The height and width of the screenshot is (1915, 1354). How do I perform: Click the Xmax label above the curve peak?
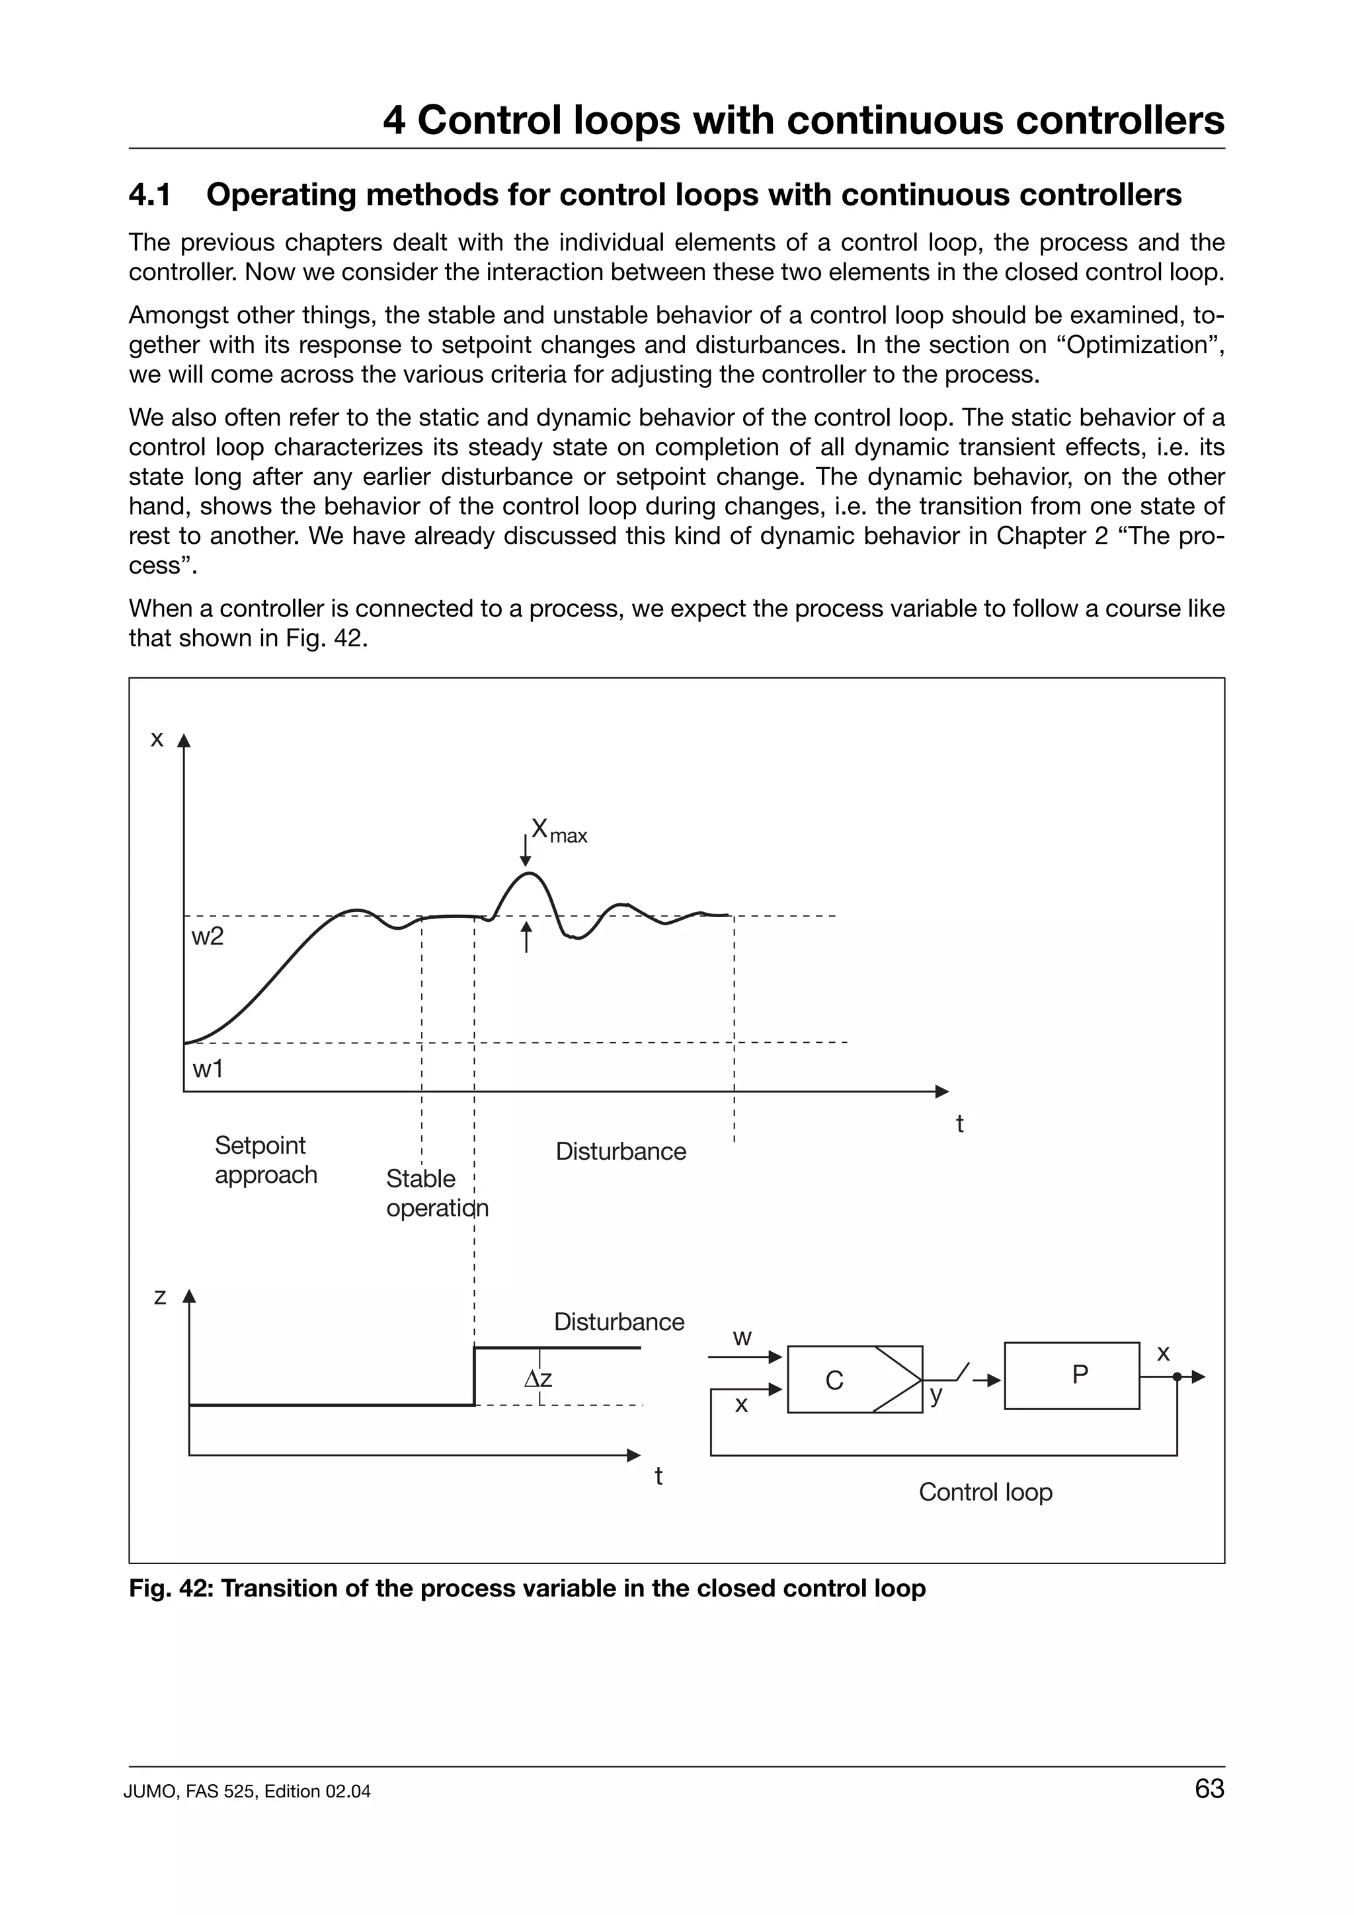(558, 831)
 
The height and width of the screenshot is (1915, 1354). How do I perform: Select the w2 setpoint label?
(207, 936)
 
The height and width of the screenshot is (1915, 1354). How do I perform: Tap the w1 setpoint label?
(207, 1069)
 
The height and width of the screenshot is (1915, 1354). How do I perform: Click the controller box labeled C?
(854, 1380)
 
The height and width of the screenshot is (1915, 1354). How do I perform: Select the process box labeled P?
(1071, 1375)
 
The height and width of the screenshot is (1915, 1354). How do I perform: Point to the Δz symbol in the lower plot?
(538, 1380)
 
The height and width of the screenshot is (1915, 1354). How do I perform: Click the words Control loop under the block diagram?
(984, 1491)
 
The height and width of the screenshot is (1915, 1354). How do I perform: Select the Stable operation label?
(436, 1193)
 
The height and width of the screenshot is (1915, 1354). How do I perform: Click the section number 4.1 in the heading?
(150, 195)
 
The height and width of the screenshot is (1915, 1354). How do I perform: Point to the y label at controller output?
(936, 1394)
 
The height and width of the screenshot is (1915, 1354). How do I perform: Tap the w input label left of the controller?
(742, 1339)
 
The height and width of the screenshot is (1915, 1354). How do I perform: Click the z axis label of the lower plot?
(160, 1297)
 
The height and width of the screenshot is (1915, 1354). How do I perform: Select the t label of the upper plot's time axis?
(959, 1123)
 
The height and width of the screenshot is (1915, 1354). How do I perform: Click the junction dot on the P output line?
(1176, 1377)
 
